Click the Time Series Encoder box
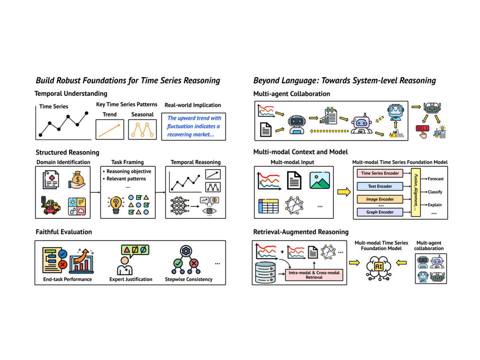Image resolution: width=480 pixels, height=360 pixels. coord(380,173)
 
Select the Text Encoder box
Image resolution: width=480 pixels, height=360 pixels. coord(380,186)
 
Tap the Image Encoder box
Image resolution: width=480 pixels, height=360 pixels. coord(380,199)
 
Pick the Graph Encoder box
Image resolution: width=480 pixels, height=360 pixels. coord(380,212)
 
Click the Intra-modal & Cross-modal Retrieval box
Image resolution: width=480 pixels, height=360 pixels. coord(314,275)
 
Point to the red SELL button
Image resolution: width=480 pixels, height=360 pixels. coord(422,128)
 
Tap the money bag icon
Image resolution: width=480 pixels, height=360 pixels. coord(77,180)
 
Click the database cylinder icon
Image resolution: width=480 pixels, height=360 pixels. coord(265,272)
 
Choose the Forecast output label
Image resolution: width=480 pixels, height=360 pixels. coord(435,179)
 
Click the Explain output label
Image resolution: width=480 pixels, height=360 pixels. coord(434,205)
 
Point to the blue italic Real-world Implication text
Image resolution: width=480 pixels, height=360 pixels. coord(194,126)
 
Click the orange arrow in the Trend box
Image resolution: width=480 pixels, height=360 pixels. coord(109,130)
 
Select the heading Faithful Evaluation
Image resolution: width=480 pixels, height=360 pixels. coord(64,232)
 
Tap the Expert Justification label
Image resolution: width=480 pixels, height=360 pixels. coord(131,279)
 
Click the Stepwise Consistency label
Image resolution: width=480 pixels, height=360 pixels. coord(188,279)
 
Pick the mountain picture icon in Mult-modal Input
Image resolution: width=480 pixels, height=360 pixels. coord(320,180)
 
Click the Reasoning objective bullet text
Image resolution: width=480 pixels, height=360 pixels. coord(129,171)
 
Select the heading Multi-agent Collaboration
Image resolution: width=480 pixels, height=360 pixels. coord(292,94)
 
